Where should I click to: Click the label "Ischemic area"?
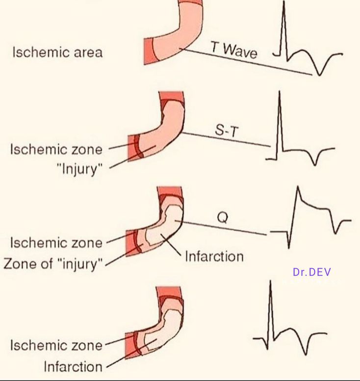tap(57, 53)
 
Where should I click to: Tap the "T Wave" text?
tap(234, 50)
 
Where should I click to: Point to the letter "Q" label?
tap(222, 217)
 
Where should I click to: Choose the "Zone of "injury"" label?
tap(53, 264)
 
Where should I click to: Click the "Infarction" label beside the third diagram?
tap(214, 256)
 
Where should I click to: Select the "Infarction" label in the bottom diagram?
tap(73, 366)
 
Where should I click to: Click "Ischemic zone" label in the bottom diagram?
tap(57, 345)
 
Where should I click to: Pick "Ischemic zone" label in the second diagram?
tap(57, 149)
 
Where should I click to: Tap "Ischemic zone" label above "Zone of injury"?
tap(57, 243)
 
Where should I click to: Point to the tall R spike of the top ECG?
tap(283, 20)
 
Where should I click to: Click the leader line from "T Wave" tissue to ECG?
tap(245, 61)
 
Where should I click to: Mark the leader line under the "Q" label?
tap(226, 229)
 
